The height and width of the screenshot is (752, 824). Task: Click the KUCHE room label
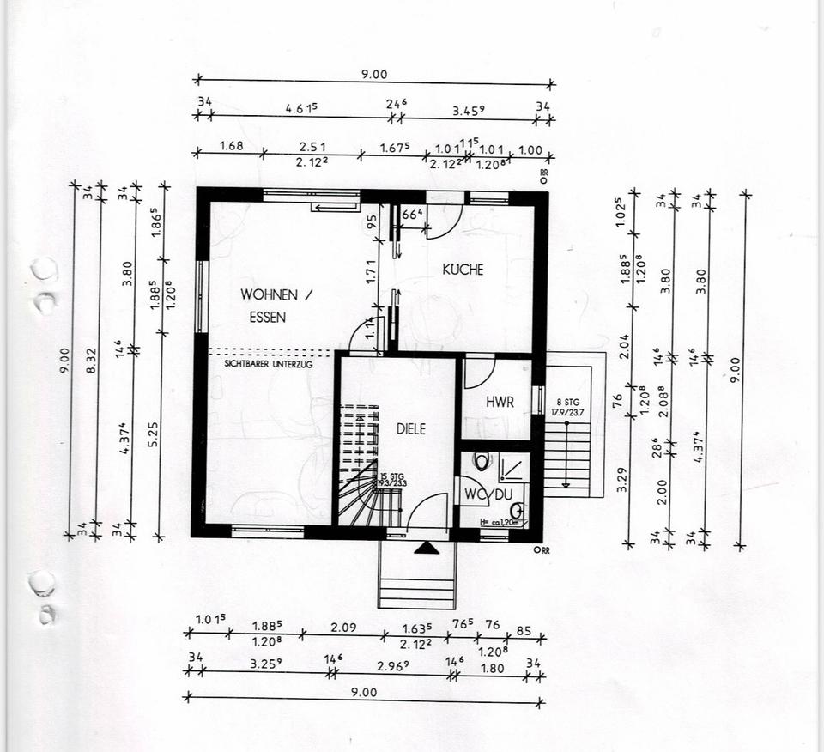463,270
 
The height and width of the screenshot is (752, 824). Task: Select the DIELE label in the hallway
411,428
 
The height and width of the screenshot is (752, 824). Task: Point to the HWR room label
500,402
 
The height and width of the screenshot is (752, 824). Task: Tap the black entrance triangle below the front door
421,547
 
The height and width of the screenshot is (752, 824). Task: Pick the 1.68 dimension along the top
232,146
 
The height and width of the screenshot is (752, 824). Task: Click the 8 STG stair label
566,401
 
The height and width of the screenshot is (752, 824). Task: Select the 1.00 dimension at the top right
530,149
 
